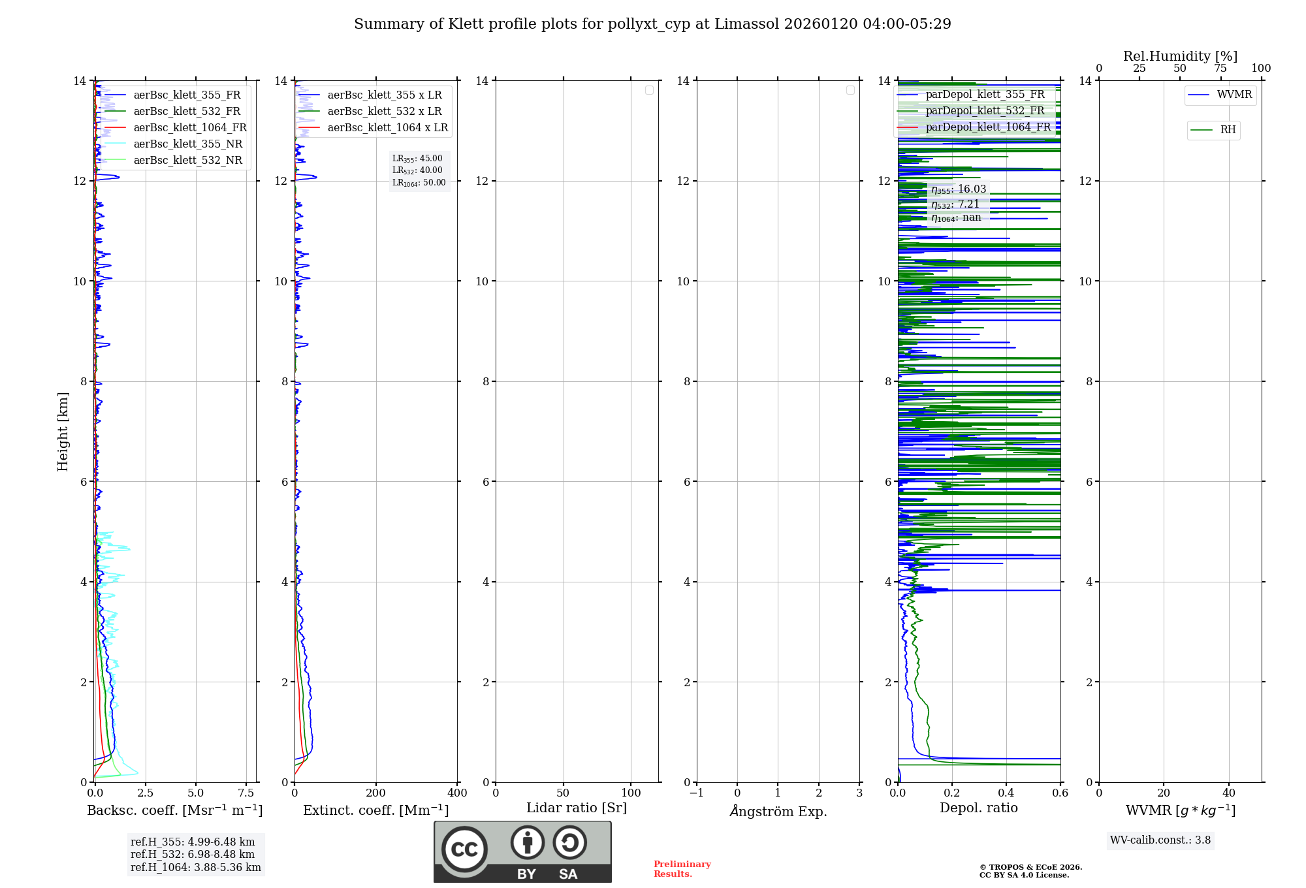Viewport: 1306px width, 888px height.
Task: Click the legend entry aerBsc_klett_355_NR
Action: [x=187, y=144]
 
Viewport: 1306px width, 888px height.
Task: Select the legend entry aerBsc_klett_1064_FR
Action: [x=190, y=127]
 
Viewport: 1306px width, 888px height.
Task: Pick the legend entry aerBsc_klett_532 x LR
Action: [x=384, y=111]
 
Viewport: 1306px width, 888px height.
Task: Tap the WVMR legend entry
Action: [x=1234, y=95]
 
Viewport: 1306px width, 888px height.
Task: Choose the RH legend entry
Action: [x=1227, y=130]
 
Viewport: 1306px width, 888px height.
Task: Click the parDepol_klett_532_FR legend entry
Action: [x=985, y=110]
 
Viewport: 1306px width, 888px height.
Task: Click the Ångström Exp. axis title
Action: [x=778, y=811]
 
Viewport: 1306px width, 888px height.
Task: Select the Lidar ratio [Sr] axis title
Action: [x=576, y=808]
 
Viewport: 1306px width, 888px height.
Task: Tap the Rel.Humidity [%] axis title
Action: [x=1180, y=56]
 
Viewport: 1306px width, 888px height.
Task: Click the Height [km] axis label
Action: [x=63, y=431]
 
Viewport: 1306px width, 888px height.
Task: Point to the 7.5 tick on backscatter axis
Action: [x=246, y=793]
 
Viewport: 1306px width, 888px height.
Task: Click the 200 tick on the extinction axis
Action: [x=376, y=793]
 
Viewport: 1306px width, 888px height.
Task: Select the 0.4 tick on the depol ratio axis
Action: [x=1006, y=793]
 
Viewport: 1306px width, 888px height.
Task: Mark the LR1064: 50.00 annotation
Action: [x=419, y=183]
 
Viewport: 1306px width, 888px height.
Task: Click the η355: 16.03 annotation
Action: [x=958, y=189]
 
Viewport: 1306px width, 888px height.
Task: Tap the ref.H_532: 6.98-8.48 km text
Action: [x=193, y=854]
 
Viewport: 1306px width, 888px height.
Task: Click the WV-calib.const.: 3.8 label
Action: [x=1160, y=840]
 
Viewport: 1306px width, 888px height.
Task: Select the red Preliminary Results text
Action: [x=682, y=868]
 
